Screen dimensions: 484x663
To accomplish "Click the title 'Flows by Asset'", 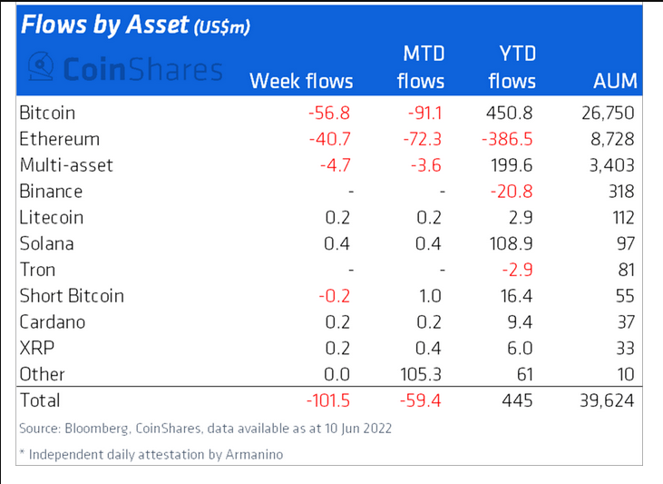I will coord(103,25).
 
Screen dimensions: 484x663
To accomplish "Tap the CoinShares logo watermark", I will coord(124,68).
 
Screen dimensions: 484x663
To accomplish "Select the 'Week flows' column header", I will coord(301,82).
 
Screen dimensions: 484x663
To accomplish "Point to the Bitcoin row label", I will coord(46,114).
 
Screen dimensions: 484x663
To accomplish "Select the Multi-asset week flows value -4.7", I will coord(336,165).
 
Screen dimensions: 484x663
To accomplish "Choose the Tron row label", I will coord(35,270).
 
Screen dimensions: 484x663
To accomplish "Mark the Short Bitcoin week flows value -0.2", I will coord(336,296).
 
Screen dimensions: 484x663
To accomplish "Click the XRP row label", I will coord(35,348).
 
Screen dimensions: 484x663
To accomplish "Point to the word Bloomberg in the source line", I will coord(97,428).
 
